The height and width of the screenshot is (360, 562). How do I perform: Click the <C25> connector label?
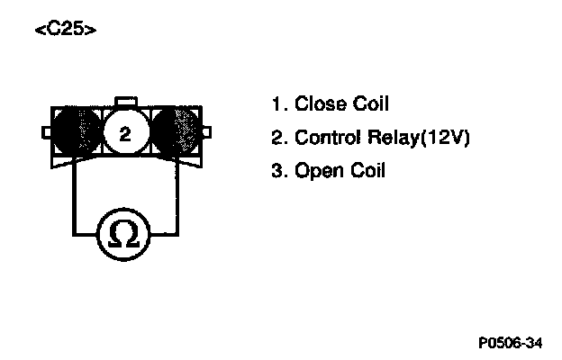(64, 29)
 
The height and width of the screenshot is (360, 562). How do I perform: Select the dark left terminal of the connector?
(77, 133)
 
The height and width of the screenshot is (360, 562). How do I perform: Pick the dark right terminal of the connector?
(175, 133)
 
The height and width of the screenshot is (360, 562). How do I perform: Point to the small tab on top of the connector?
(126, 99)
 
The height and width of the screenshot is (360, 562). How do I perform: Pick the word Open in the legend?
(316, 170)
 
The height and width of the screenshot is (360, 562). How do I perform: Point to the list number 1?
(276, 104)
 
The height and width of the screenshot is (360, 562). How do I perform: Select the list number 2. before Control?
(277, 138)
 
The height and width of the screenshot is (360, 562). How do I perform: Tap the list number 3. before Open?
(277, 170)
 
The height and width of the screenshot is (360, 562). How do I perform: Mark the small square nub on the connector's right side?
(207, 133)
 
